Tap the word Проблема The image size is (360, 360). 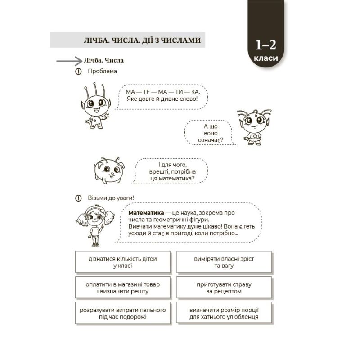tap(102, 71)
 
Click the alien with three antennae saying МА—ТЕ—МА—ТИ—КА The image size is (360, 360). tap(95, 105)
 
